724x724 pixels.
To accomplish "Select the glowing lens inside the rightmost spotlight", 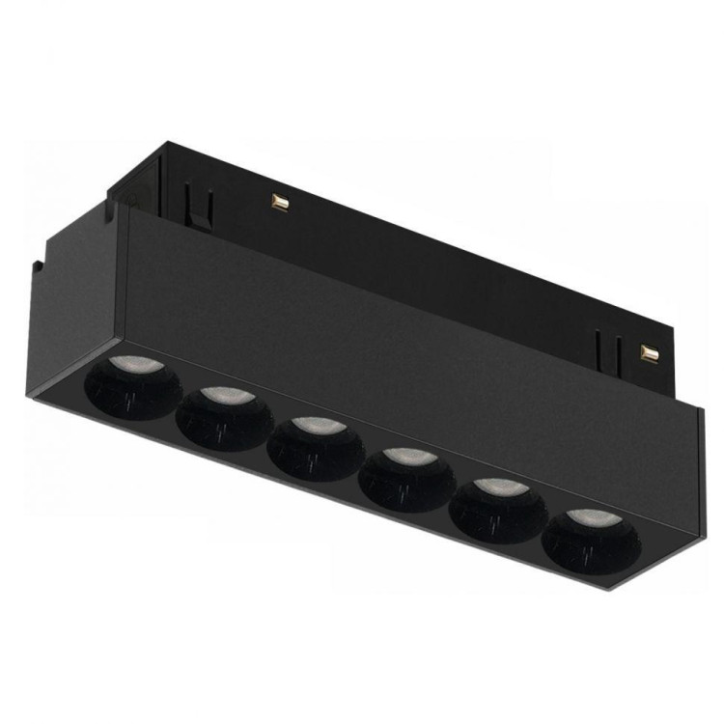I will coord(586,516).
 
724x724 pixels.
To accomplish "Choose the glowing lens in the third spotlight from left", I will coord(312,426).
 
